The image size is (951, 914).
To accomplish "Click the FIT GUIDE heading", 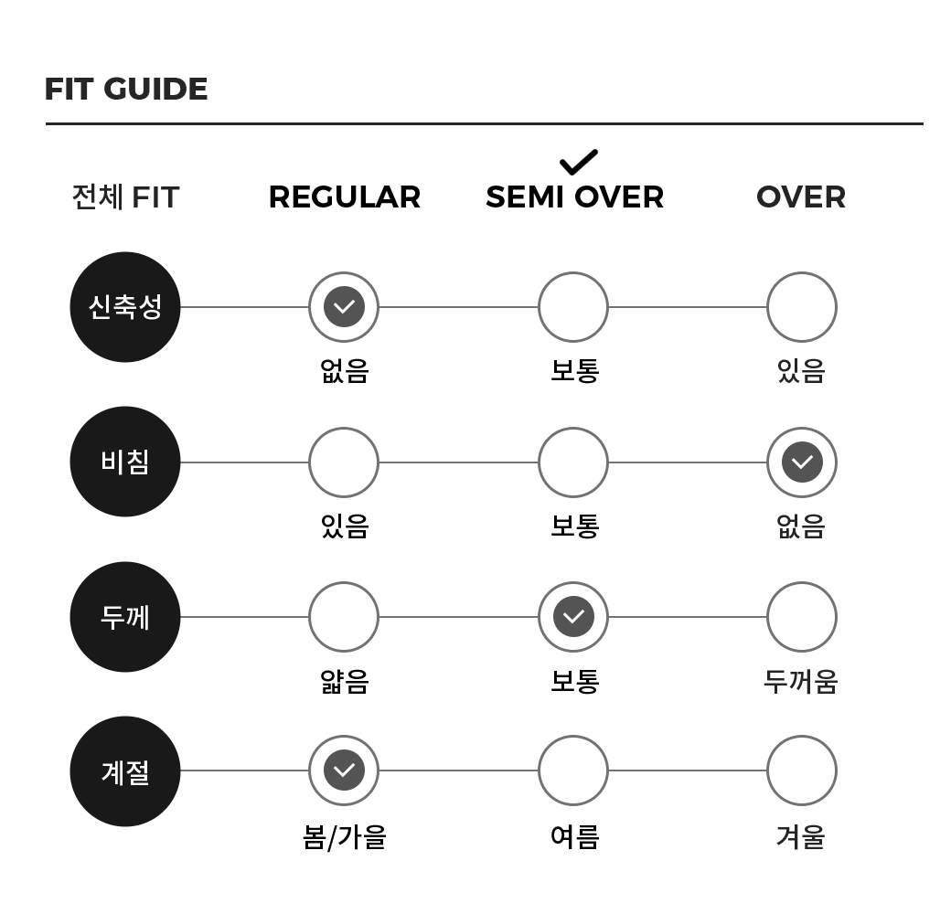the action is pyautogui.click(x=126, y=89).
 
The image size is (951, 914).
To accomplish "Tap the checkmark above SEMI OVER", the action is pyautogui.click(x=579, y=162).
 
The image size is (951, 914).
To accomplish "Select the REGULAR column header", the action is pyautogui.click(x=345, y=197).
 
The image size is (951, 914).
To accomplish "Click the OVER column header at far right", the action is pyautogui.click(x=801, y=197).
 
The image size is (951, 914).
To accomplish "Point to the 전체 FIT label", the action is pyautogui.click(x=125, y=197).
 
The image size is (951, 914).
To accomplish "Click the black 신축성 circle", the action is pyautogui.click(x=125, y=307).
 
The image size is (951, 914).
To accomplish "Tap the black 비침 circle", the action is pyautogui.click(x=125, y=462).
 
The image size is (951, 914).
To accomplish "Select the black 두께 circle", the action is pyautogui.click(x=125, y=617).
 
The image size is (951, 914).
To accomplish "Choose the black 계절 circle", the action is pyautogui.click(x=125, y=771).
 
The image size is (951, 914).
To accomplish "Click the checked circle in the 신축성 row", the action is pyautogui.click(x=344, y=307).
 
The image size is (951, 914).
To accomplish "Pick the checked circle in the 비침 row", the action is pyautogui.click(x=802, y=462).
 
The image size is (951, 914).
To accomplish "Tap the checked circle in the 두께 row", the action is pyautogui.click(x=573, y=617).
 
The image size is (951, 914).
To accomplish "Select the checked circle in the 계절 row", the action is pyautogui.click(x=344, y=771).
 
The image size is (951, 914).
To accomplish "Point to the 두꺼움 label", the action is pyautogui.click(x=801, y=681).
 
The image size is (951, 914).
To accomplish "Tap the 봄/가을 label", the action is pyautogui.click(x=345, y=837).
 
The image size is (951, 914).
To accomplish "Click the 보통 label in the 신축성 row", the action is pyautogui.click(x=574, y=370).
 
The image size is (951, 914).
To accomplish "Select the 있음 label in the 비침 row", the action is pyautogui.click(x=345, y=526).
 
